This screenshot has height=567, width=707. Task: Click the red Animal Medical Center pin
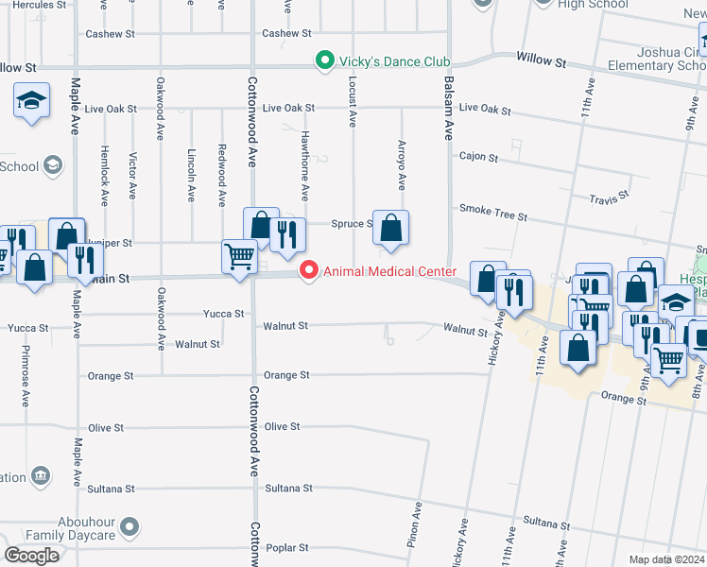tap(308, 271)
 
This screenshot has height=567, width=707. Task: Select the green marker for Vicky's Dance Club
tap(325, 62)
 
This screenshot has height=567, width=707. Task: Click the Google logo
tap(31, 555)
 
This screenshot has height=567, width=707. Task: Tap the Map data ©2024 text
tap(665, 559)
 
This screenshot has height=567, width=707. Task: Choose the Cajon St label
tap(478, 157)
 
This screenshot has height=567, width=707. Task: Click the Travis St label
tap(609, 198)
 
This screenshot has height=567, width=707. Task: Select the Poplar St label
tap(286, 548)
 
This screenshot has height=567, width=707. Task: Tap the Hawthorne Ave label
tap(304, 165)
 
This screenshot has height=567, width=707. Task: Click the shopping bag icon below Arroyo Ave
tap(390, 228)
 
